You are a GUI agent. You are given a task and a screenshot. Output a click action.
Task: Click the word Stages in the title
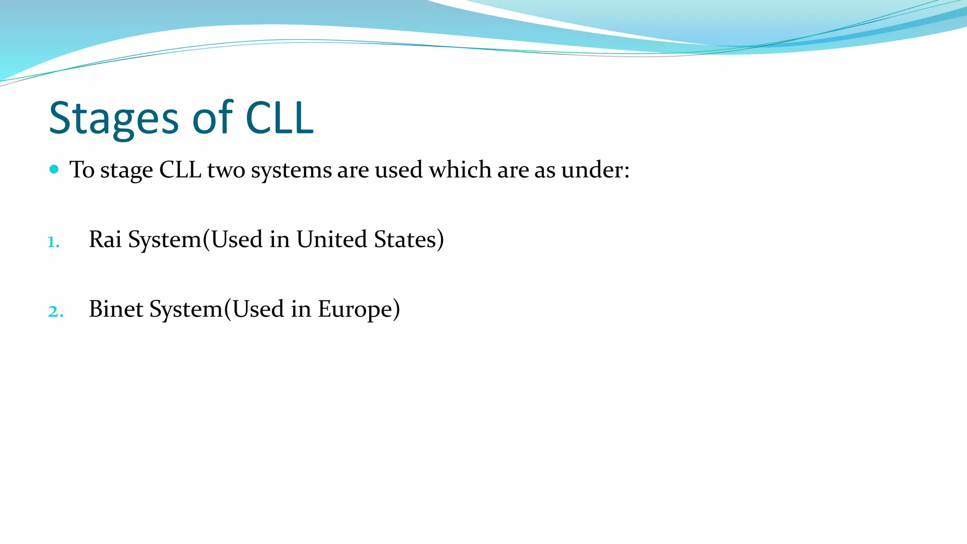tap(114, 118)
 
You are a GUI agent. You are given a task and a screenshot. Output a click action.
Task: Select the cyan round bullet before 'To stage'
tap(54, 169)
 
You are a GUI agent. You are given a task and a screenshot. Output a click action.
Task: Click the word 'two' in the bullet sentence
tap(226, 170)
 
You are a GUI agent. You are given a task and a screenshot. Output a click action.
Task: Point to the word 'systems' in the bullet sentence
tap(291, 170)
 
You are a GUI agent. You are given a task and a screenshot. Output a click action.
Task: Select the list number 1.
tap(53, 242)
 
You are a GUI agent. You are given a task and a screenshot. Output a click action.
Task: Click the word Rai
tap(105, 239)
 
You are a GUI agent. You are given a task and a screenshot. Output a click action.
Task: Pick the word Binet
tap(116, 309)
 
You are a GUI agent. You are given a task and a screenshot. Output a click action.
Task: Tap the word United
tap(331, 239)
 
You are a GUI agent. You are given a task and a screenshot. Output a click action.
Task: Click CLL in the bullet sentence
tap(180, 170)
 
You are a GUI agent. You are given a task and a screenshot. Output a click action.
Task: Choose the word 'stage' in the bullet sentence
tap(126, 170)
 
